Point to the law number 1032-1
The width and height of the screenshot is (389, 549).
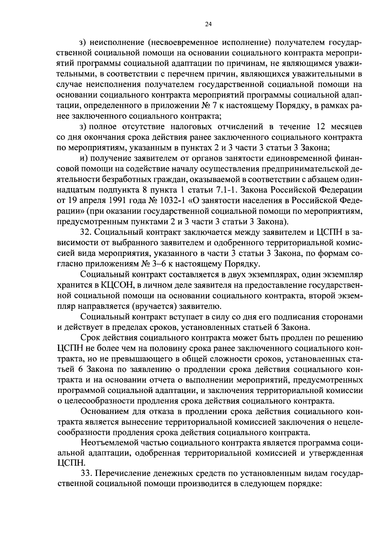tap(174, 201)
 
